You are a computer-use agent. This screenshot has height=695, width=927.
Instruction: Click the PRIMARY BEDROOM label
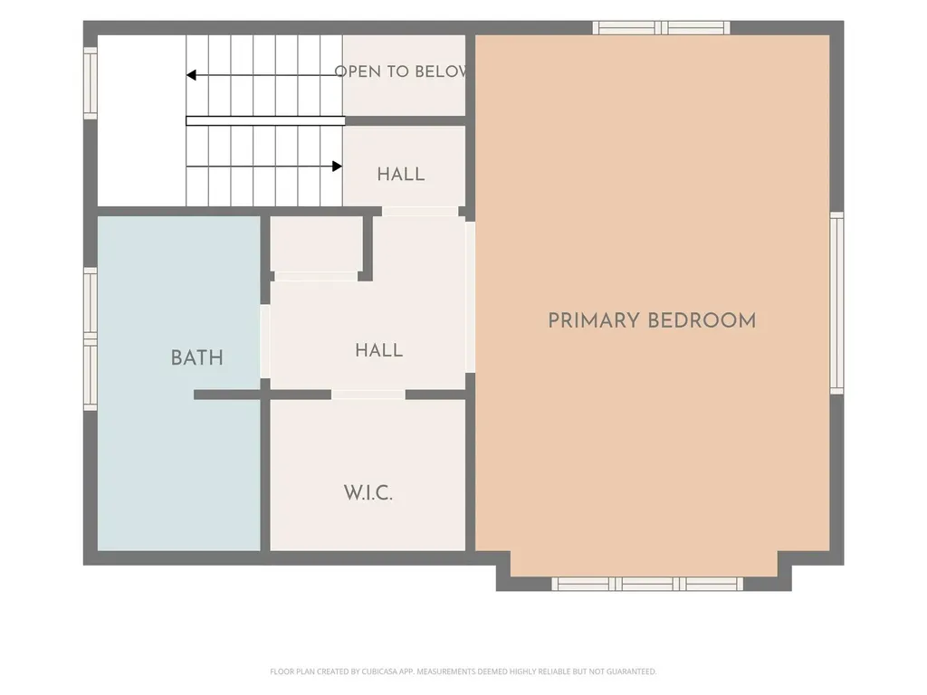pos(652,321)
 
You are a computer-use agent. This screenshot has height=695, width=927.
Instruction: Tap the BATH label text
pos(196,357)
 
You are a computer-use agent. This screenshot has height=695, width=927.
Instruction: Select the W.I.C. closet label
pos(368,492)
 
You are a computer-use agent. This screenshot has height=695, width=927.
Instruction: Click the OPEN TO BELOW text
pos(400,71)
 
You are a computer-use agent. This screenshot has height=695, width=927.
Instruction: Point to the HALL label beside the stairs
pos(401,175)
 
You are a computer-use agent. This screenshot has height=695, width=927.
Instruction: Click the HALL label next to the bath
pos(379,350)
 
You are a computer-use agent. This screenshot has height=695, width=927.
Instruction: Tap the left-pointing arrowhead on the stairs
pos(191,75)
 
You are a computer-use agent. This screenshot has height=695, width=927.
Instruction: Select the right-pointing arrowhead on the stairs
pos(337,167)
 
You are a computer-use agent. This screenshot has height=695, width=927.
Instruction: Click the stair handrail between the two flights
pos(265,121)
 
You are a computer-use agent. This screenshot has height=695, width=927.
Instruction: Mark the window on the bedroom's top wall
pos(662,28)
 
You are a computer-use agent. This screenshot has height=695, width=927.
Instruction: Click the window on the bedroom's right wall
pos(836,302)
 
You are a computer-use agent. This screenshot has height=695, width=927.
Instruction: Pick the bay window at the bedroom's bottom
pos(647,584)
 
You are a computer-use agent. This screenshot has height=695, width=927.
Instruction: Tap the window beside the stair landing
pos(90,82)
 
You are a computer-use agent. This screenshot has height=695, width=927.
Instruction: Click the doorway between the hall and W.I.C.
pos(368,395)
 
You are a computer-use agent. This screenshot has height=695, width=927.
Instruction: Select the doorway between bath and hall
pos(265,341)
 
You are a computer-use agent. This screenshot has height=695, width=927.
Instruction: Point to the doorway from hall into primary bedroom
pos(471,297)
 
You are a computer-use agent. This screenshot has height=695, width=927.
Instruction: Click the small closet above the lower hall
pos(316,244)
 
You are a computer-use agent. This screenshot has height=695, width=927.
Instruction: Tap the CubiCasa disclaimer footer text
pos(463,671)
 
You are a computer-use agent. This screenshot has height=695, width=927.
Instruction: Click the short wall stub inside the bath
pos(227,395)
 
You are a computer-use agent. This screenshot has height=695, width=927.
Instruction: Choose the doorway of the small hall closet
pos(316,277)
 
